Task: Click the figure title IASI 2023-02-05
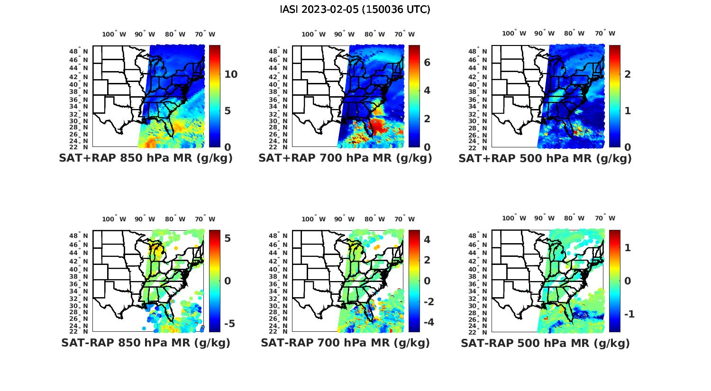click(x=355, y=9)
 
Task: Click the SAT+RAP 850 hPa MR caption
click(x=146, y=158)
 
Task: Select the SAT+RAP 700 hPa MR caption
click(x=345, y=158)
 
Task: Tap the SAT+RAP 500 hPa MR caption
click(x=545, y=158)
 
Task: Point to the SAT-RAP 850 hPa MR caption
click(x=146, y=343)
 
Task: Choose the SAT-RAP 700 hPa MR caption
click(x=345, y=343)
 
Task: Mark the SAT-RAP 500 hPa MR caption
click(x=545, y=343)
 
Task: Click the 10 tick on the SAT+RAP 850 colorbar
click(x=231, y=74)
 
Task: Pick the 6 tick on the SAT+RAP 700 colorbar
click(x=427, y=62)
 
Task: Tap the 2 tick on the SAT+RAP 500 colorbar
click(x=628, y=74)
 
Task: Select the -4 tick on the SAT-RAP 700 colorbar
click(x=427, y=322)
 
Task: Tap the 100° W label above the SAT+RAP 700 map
click(x=313, y=34)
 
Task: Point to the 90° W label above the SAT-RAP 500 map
click(x=544, y=218)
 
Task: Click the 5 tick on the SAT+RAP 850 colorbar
click(x=228, y=111)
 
